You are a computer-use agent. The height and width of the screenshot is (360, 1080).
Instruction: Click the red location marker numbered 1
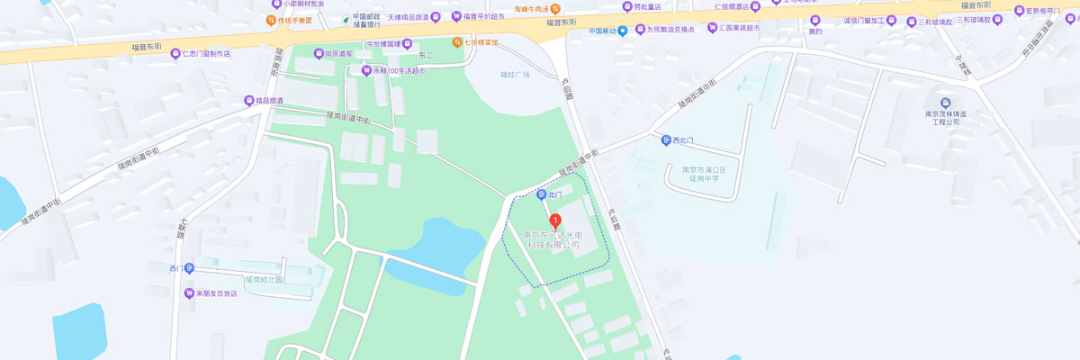click(x=555, y=220)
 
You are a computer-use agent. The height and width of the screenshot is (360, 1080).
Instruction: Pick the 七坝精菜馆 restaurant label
click(x=481, y=42)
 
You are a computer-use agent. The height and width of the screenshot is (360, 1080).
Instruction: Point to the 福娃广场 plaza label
click(x=516, y=75)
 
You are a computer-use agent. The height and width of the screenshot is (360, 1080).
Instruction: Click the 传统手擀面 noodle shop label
click(x=294, y=20)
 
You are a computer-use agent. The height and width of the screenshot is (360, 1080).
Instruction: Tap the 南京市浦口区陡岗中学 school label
click(x=710, y=174)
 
